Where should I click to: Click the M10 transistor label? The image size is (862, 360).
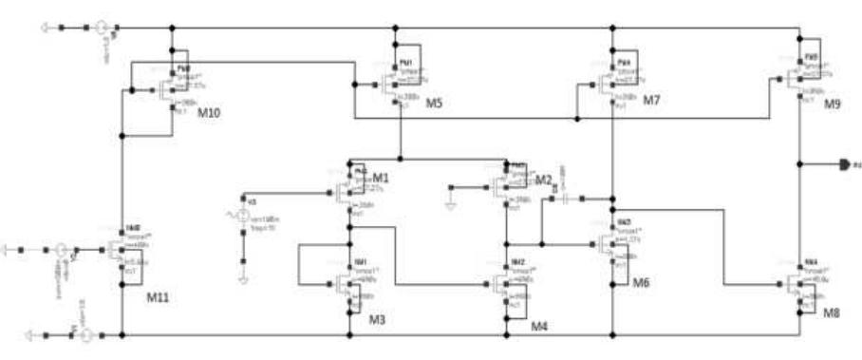[209, 113]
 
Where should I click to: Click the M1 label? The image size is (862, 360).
[382, 178]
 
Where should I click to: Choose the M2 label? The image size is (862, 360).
[543, 180]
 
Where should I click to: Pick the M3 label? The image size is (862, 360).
[377, 318]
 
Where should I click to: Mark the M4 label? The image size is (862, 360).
[539, 326]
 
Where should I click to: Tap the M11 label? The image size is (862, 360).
[157, 297]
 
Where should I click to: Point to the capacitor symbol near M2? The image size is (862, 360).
[567, 199]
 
